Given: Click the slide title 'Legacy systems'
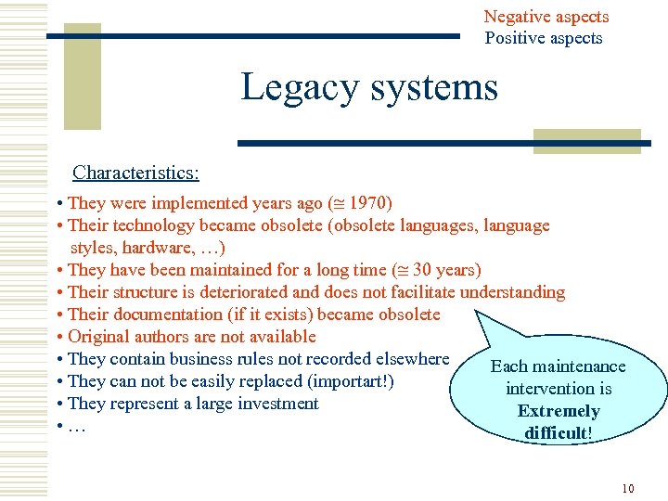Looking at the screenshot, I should point(369,88).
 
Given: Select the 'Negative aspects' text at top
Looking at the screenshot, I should point(546,17).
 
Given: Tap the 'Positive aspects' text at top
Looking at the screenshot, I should point(543,38).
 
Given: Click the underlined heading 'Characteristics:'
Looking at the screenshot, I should point(135,173).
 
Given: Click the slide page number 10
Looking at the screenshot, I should point(628,488).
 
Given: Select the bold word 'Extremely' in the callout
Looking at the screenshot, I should point(559,411).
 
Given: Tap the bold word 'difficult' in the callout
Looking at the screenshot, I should point(556,433).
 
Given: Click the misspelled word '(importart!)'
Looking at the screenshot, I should point(355,381).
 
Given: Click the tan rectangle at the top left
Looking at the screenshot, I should point(83,75).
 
